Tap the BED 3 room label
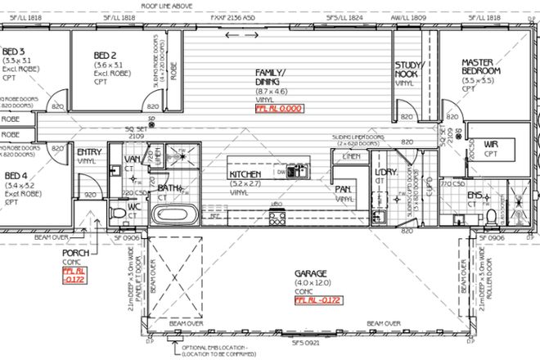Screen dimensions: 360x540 pyautogui.click(x=15, y=51)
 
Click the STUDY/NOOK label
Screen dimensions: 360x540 pyautogui.click(x=408, y=69)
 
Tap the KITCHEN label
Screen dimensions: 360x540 pyautogui.click(x=245, y=175)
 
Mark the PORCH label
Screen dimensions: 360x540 pyautogui.click(x=75, y=253)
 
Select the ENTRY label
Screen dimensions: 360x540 pyautogui.click(x=88, y=152)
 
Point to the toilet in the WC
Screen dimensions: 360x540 pyautogui.click(x=119, y=214)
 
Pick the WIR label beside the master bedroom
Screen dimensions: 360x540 pyautogui.click(x=491, y=144)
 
